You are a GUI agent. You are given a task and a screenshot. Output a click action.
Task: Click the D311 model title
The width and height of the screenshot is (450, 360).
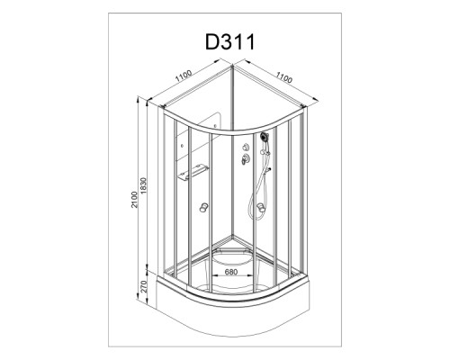(230, 42)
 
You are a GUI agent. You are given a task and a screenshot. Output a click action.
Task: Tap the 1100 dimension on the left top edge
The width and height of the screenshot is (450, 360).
(184, 76)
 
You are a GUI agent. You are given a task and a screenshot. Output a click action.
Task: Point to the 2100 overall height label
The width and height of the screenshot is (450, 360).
(134, 199)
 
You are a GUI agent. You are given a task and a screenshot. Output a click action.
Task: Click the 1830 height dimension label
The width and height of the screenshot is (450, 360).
(144, 185)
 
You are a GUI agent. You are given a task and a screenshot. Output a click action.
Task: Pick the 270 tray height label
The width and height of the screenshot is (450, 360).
(143, 287)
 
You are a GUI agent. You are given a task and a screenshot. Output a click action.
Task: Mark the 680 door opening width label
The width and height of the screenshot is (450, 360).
(231, 272)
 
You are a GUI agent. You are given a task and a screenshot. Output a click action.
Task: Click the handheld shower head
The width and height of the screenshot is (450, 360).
(265, 138)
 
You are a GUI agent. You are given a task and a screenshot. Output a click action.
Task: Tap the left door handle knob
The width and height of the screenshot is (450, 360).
(203, 207)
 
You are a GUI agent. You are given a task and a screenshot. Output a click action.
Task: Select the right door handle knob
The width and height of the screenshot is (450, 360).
(261, 207)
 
